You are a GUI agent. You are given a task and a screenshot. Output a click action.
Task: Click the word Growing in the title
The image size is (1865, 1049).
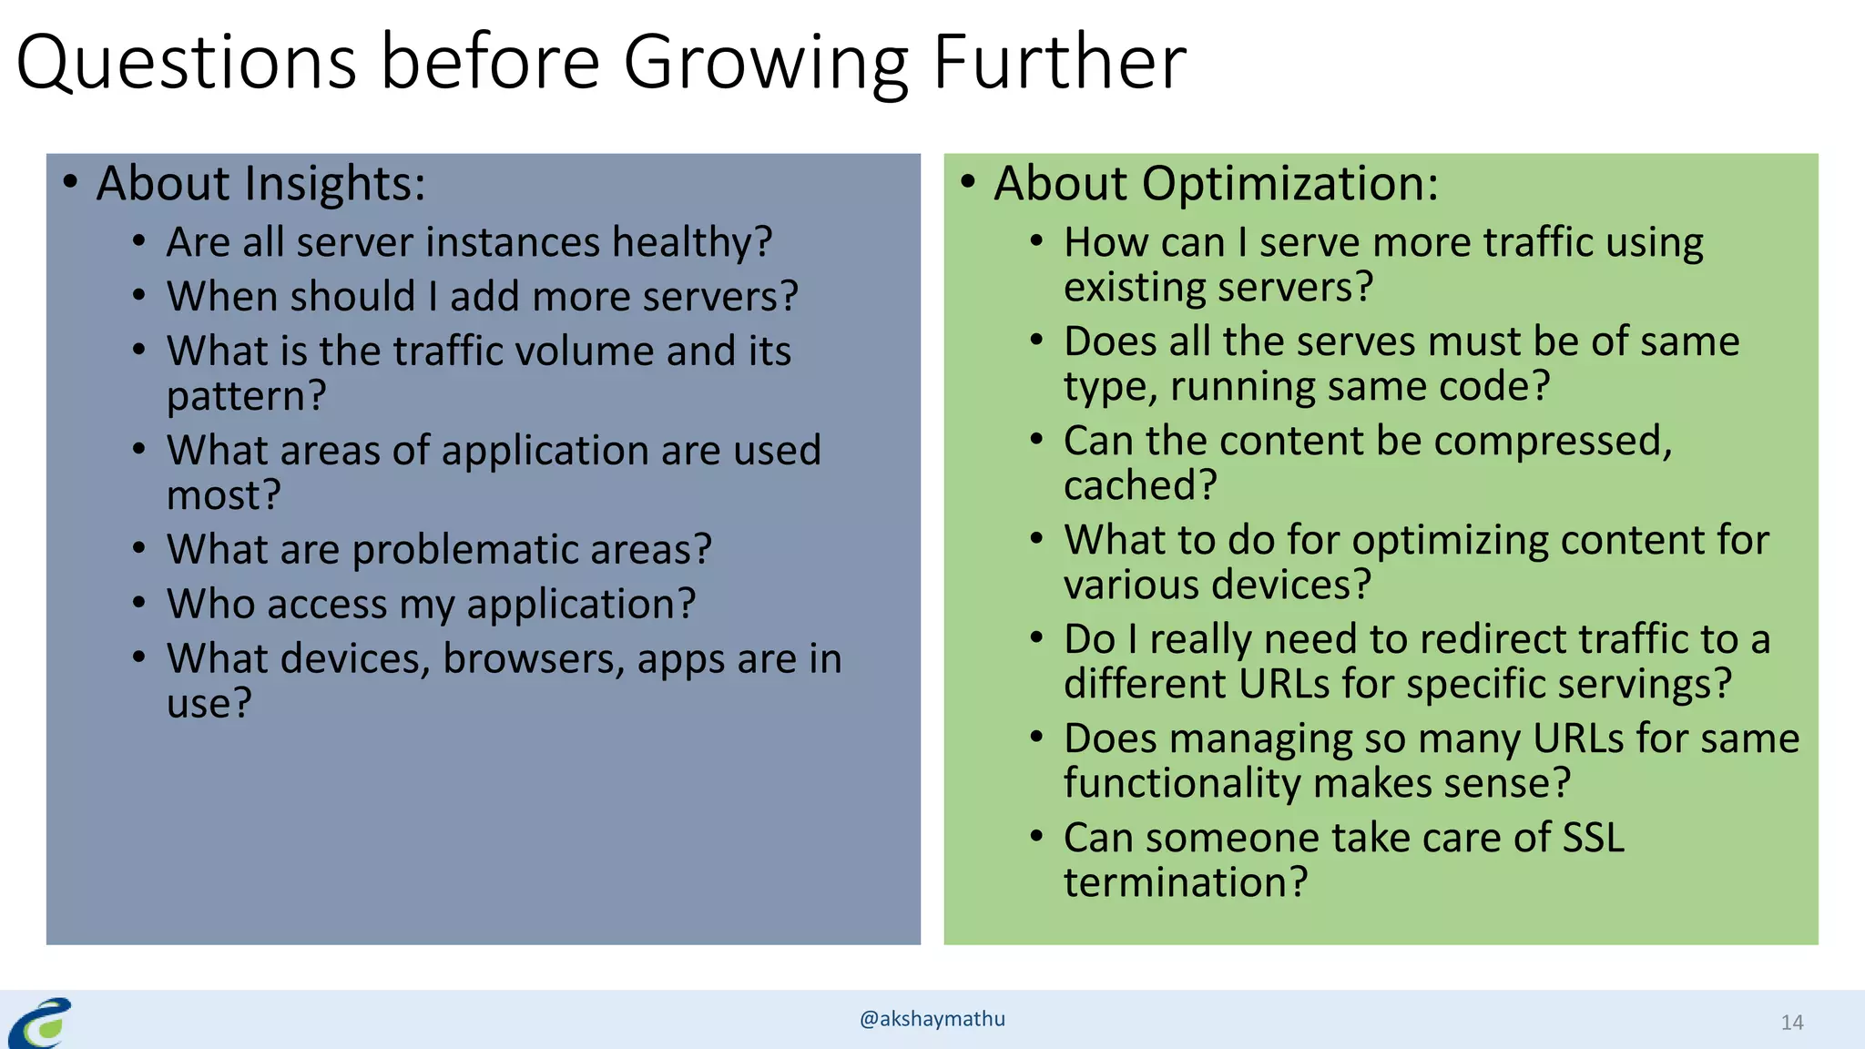[765, 64]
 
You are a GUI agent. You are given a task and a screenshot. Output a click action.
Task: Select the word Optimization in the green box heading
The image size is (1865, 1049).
[1289, 184]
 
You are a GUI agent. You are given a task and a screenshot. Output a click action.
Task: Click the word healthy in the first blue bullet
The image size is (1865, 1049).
[691, 243]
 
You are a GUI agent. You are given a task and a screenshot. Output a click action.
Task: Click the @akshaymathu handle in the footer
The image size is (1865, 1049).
[932, 1019]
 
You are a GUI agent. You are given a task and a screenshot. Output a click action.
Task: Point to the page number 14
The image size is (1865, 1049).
[1791, 1023]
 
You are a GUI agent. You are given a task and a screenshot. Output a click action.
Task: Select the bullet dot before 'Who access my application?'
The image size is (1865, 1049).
[138, 603]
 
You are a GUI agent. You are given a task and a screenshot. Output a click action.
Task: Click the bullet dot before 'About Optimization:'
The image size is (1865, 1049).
[968, 182]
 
